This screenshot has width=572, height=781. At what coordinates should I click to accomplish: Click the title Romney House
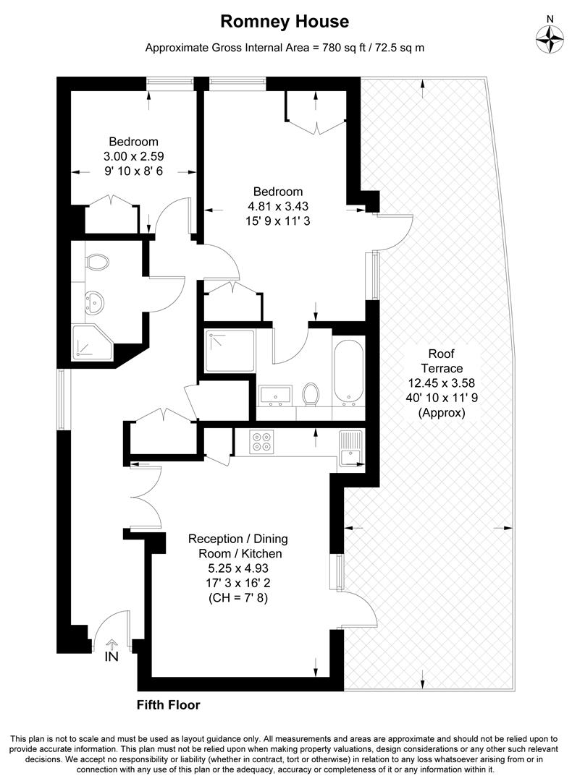285,22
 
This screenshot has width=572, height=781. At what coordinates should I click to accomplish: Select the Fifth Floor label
168,704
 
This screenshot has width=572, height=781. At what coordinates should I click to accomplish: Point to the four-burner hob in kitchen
261,441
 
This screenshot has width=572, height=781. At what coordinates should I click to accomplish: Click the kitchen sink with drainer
350,448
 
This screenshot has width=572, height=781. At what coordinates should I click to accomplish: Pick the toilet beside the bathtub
311,395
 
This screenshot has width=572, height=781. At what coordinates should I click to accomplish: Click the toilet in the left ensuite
95,262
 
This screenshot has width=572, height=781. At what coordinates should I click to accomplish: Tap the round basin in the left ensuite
93,302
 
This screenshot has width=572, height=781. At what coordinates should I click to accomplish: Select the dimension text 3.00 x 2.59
133,155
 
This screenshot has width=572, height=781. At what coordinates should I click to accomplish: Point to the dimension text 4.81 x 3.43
277,205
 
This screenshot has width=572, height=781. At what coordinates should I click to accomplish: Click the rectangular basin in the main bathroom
275,393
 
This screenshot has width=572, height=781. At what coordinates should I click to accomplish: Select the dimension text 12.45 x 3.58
442,383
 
